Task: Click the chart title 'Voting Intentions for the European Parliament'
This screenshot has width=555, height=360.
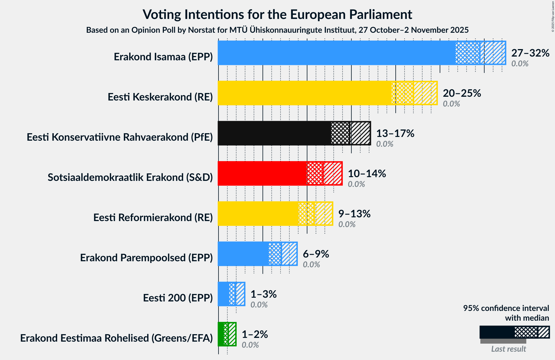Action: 277,14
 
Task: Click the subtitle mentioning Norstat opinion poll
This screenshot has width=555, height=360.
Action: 277,30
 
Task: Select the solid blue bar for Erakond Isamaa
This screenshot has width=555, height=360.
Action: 336,53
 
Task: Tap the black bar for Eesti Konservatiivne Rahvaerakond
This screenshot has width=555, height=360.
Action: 274,133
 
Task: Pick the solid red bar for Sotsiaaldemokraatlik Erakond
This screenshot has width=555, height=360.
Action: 262,173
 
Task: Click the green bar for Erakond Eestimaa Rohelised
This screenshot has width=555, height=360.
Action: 221,334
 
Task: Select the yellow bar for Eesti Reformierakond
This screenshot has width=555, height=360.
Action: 258,214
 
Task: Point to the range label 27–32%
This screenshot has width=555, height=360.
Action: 530,53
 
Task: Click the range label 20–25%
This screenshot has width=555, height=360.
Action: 462,93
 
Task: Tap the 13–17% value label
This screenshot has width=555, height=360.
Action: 395,133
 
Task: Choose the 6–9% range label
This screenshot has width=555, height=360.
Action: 316,254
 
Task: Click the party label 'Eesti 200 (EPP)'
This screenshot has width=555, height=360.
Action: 178,298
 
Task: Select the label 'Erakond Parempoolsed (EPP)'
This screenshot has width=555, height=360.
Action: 146,258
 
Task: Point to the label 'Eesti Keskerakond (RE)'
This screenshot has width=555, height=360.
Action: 160,97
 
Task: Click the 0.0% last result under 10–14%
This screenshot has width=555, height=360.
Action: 356,184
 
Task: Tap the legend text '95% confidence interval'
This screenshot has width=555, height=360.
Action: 506,308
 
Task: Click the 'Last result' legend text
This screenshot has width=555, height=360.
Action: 508,349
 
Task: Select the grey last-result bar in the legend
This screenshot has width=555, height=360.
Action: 503,341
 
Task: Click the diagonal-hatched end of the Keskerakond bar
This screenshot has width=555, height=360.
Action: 425,93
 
